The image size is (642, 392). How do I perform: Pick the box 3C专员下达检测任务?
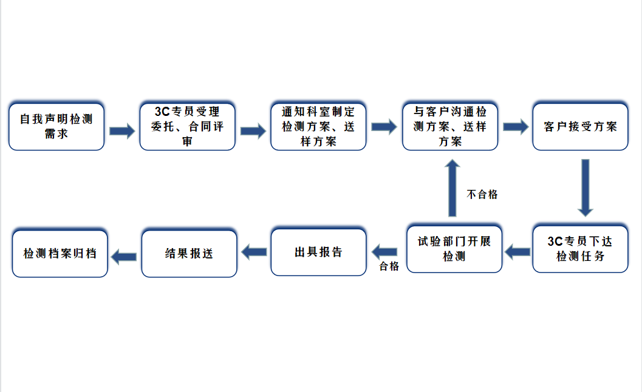pyautogui.click(x=580, y=249)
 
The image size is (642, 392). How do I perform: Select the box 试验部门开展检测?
pyautogui.click(x=454, y=249)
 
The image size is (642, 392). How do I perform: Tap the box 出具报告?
pyautogui.click(x=318, y=252)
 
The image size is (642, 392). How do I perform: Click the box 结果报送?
pyautogui.click(x=189, y=253)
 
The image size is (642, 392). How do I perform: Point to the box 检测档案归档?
pyautogui.click(x=60, y=253)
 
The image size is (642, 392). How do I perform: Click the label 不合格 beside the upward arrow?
pyautogui.click(x=482, y=194)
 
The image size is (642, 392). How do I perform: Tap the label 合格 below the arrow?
pyautogui.click(x=389, y=266)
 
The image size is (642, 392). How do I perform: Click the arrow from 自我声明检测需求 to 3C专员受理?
pyautogui.click(x=122, y=130)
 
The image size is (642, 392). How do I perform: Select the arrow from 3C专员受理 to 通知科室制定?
pyautogui.click(x=253, y=130)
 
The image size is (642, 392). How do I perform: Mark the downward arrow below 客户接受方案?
pyautogui.click(x=585, y=188)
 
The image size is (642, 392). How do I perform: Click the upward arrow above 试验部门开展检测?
pyautogui.click(x=452, y=188)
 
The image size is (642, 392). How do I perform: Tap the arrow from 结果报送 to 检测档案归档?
pyautogui.click(x=125, y=255)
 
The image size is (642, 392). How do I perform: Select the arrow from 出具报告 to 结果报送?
pyautogui.click(x=254, y=250)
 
